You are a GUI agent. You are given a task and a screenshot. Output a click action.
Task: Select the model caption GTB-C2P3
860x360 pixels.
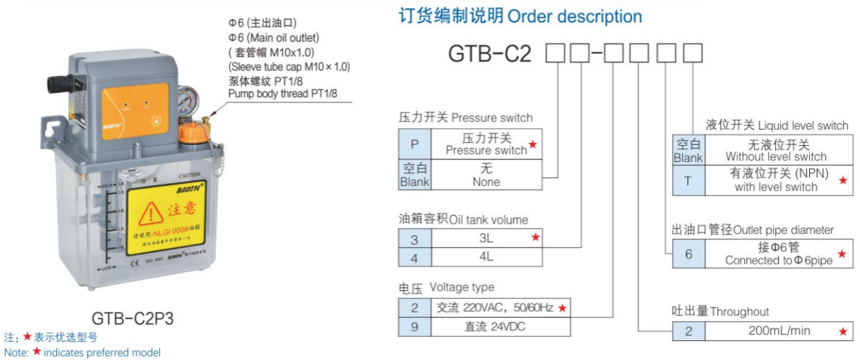coord(129,318)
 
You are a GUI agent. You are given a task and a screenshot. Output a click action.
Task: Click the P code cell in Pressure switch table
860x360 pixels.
coord(415,144)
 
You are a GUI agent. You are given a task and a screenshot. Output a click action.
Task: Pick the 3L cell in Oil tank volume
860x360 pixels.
coord(486,238)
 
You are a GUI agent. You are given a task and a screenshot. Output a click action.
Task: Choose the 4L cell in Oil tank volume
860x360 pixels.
coord(486,257)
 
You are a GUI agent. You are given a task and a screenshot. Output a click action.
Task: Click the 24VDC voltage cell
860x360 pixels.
coord(494,327)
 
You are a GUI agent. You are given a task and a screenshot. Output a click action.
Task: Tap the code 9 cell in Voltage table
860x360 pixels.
coord(415,327)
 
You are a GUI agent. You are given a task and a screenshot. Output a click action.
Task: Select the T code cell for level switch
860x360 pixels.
coord(688,180)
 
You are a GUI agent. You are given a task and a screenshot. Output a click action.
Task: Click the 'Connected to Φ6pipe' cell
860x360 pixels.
coord(778,254)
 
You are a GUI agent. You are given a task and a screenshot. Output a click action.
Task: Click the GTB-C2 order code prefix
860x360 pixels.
coord(490,54)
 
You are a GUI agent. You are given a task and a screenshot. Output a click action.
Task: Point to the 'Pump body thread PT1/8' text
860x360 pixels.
coord(283,94)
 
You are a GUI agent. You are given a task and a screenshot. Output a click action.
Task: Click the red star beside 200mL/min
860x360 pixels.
coord(843,332)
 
